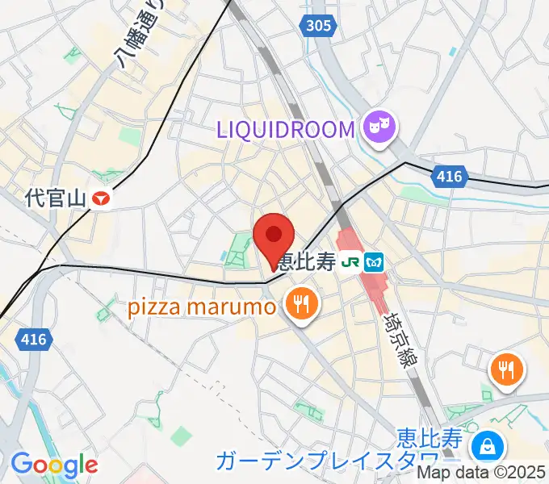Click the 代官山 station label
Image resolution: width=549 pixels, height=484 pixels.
point(55,198)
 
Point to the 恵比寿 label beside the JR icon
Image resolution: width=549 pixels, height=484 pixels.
point(304,261)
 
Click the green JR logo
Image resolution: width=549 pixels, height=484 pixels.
point(350,261)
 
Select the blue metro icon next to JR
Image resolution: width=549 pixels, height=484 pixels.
point(374,261)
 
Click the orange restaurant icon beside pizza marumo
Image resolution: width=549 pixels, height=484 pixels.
point(301,304)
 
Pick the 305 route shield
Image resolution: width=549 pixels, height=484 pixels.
point(319,27)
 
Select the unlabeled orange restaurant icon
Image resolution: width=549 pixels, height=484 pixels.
point(506,369)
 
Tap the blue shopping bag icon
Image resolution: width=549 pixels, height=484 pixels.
point(487,444)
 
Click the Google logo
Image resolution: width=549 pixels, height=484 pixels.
point(54,465)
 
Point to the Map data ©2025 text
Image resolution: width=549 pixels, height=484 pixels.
point(482,474)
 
